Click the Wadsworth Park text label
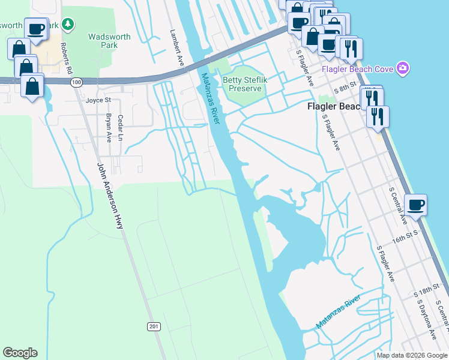coord(109,41)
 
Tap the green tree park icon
coord(70,25)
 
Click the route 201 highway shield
coord(154,326)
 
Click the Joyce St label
coord(98,100)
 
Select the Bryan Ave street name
coord(109,128)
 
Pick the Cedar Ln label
coord(121,128)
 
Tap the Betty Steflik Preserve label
coord(243,84)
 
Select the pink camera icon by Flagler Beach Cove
coord(403,68)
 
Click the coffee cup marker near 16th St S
coord(416,206)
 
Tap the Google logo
coord(20,353)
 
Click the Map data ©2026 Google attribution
coord(412,355)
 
